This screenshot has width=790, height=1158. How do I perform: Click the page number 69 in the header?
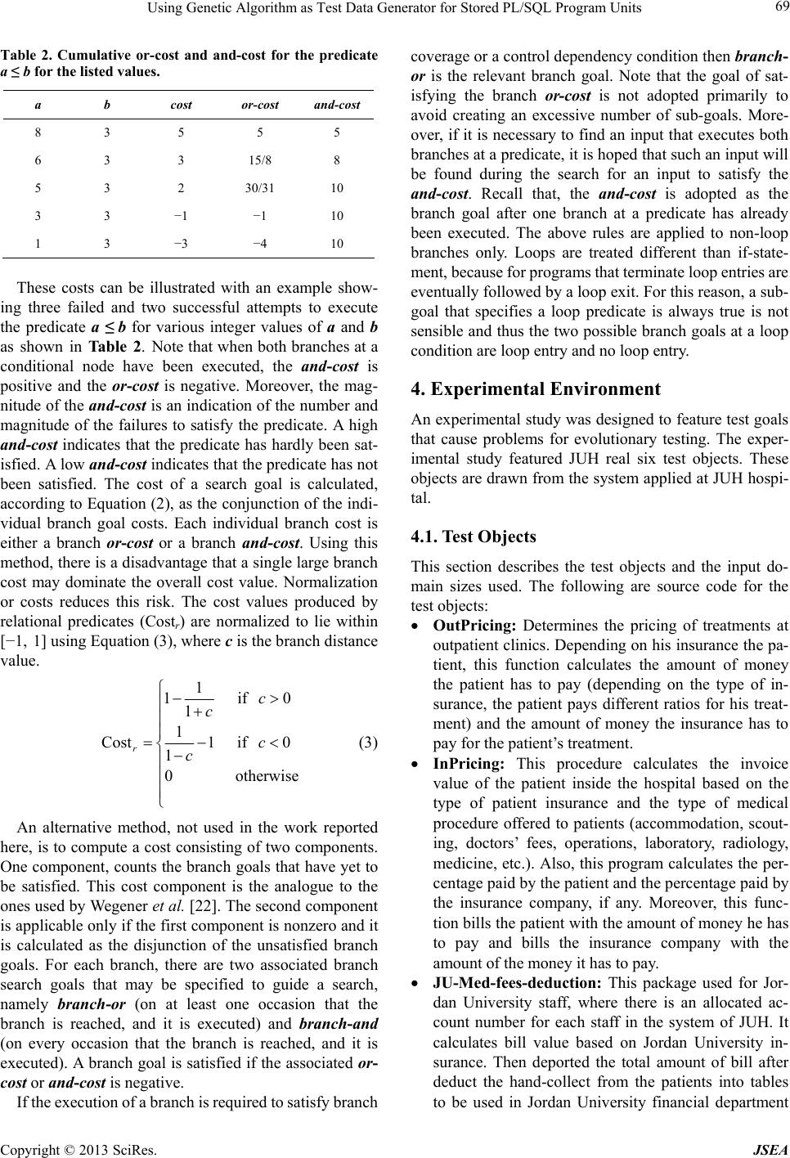coord(775,9)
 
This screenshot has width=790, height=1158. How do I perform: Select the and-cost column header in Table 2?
coord(335,106)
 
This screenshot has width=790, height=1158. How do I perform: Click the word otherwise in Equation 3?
coord(267,775)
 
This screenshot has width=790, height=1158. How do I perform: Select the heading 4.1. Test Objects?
coord(474,537)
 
